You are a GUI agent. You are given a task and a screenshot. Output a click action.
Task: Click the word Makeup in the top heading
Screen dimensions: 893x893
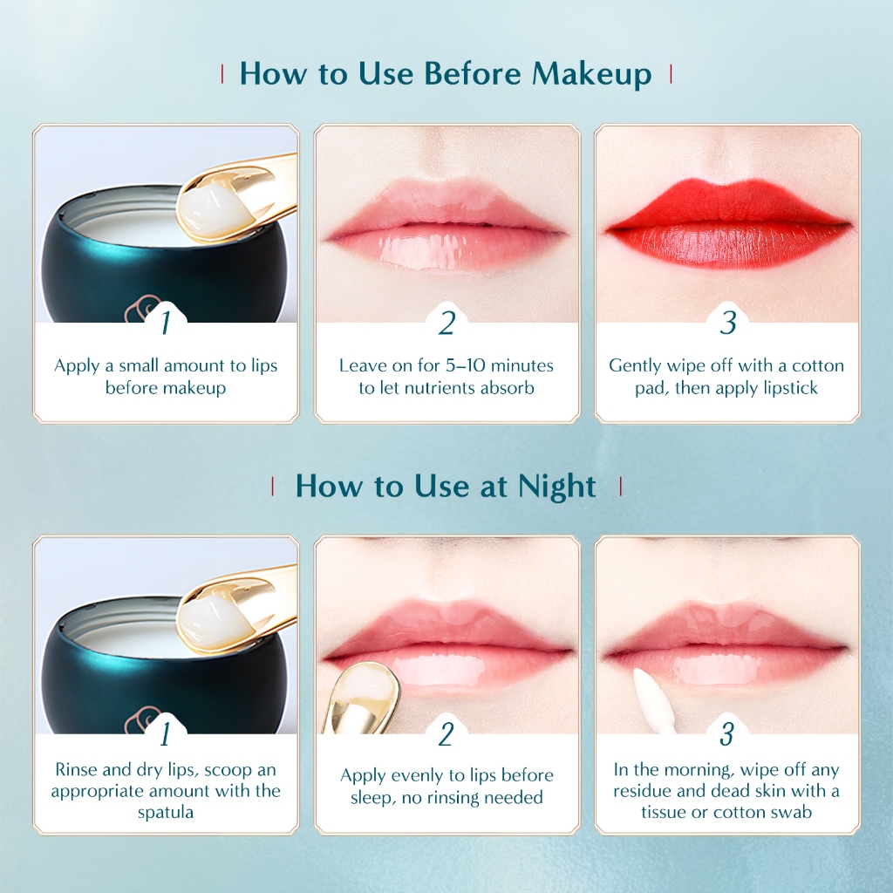(592, 75)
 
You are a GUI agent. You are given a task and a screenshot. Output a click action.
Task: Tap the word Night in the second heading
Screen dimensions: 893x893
(556, 487)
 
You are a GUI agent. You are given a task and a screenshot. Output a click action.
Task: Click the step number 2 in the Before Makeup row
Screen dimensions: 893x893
(447, 324)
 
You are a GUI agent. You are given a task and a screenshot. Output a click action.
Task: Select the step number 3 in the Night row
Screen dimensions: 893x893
(727, 733)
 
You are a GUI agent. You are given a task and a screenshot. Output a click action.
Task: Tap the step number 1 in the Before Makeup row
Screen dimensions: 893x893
(166, 323)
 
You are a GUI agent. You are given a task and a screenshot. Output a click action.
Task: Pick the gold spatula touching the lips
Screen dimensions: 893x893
(358, 698)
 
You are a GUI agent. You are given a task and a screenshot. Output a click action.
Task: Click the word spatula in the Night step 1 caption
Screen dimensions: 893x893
(166, 812)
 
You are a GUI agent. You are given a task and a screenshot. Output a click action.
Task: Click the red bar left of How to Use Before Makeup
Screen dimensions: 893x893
(222, 74)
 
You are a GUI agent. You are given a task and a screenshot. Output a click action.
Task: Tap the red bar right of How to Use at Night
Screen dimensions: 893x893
(620, 487)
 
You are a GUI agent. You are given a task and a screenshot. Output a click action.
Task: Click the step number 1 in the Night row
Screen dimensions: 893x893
(165, 733)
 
